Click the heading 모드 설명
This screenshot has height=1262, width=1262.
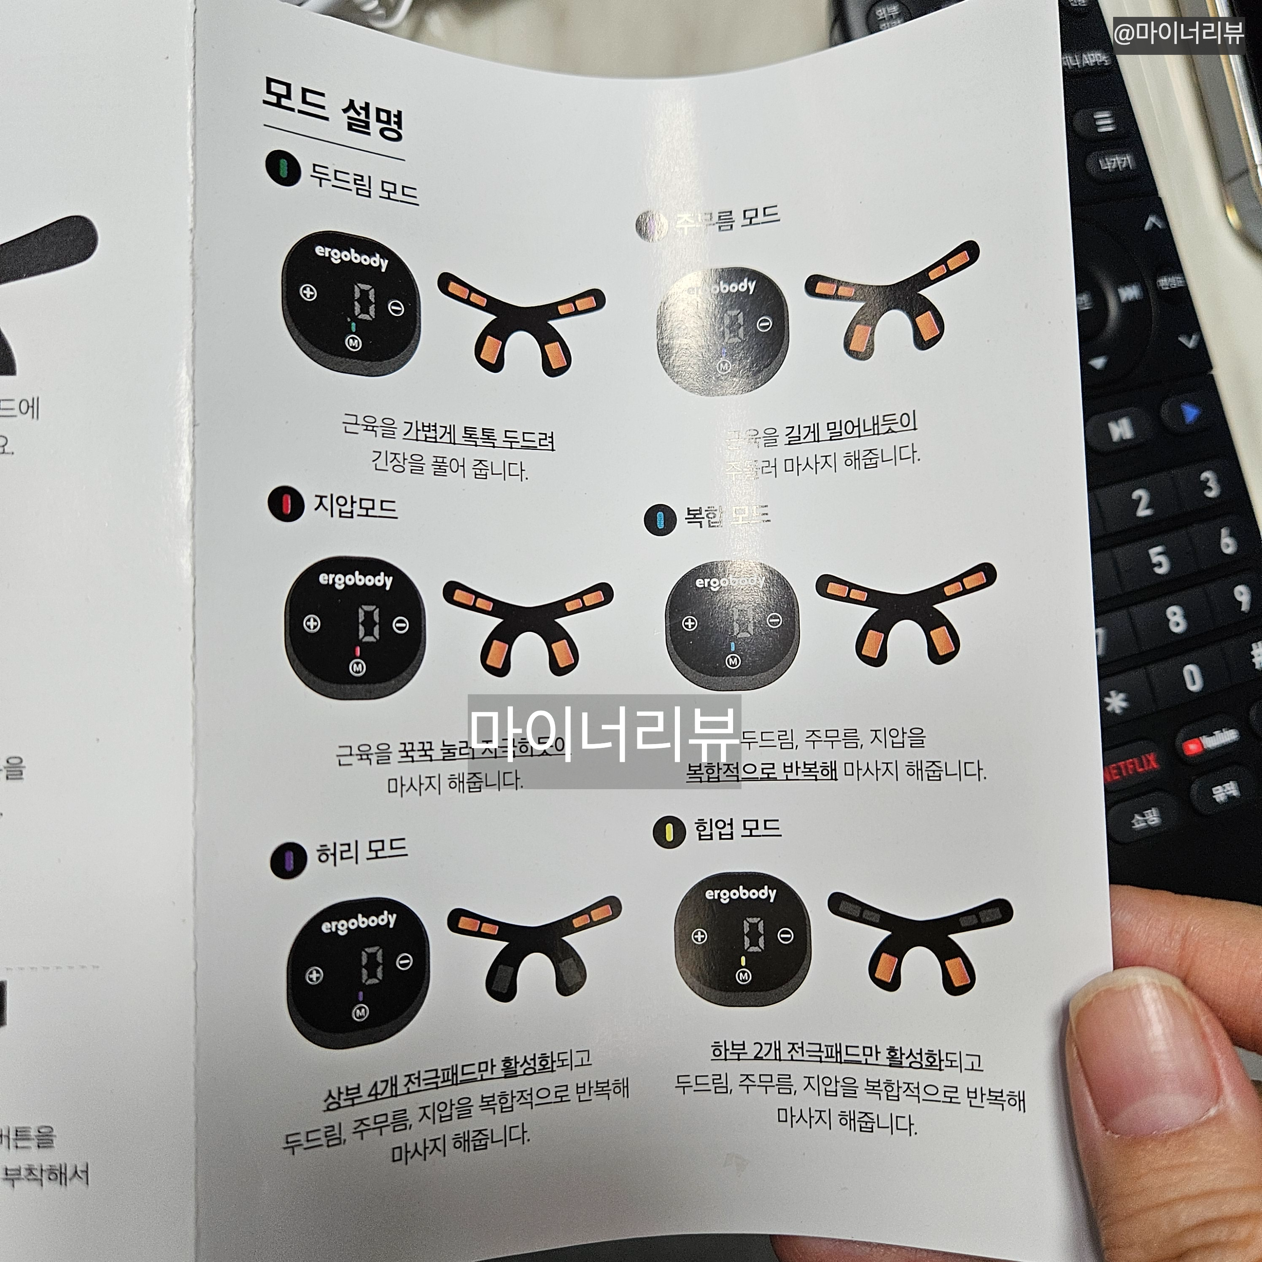click(x=333, y=108)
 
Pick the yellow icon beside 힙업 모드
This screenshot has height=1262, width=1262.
click(x=669, y=831)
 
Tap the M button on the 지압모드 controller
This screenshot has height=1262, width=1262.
click(x=357, y=668)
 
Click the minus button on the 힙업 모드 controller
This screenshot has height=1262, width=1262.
click(x=786, y=936)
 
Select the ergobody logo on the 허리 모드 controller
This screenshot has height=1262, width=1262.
click(x=359, y=923)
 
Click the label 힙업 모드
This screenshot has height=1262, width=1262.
click(x=737, y=828)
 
